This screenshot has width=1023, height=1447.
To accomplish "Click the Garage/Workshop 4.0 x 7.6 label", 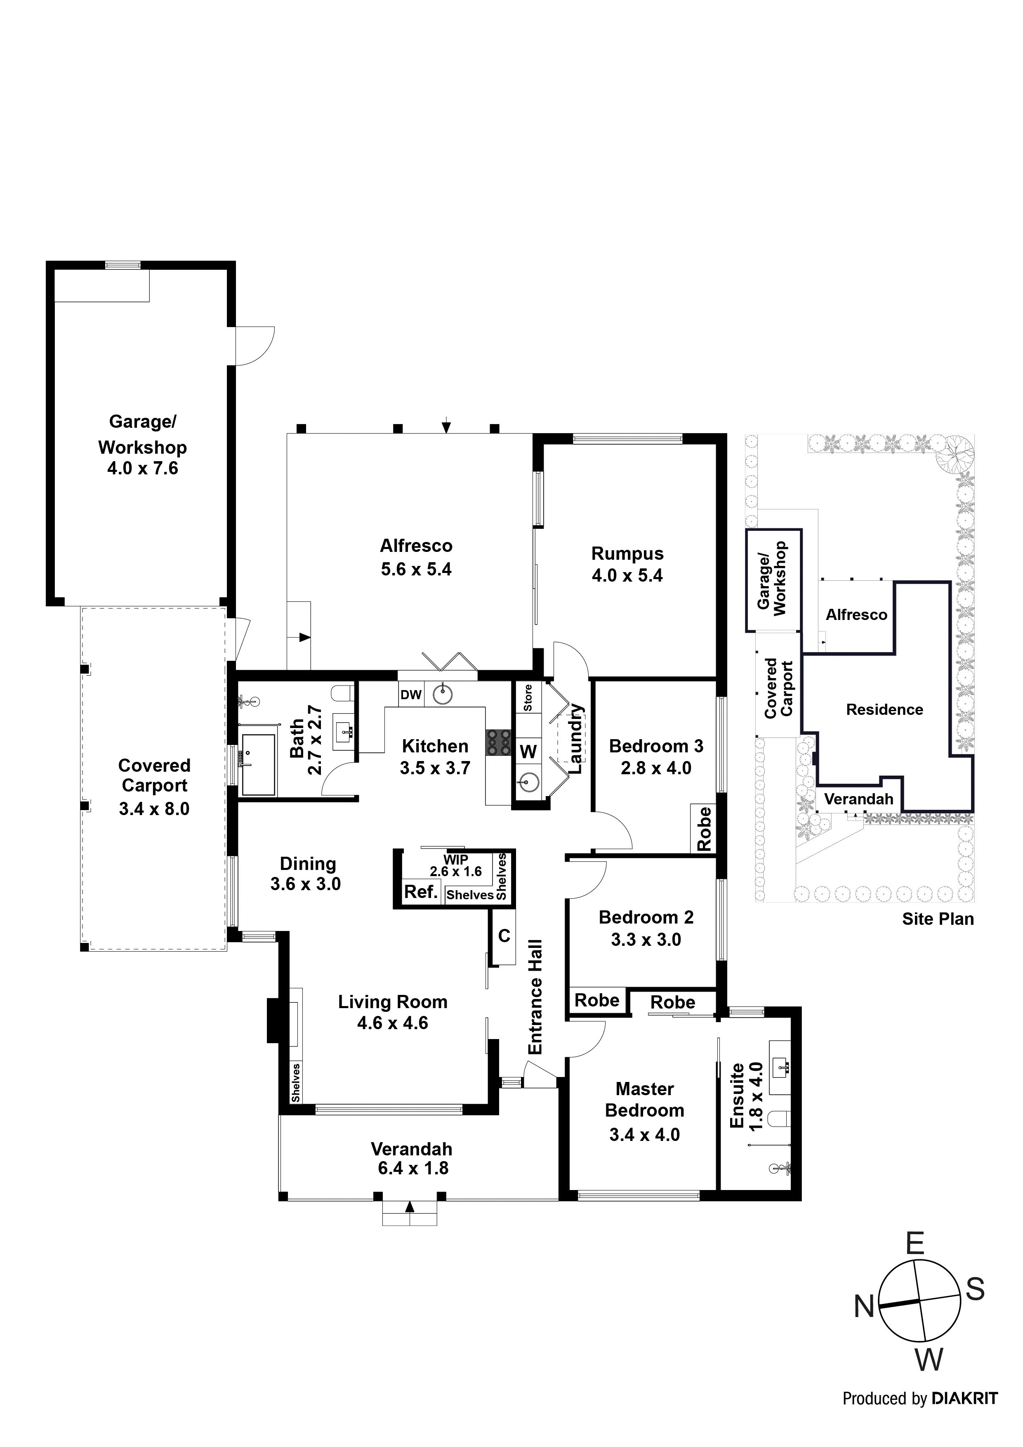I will coord(142,445).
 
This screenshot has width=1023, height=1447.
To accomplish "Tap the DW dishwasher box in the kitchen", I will coord(411,695).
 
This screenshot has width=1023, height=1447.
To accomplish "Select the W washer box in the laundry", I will coord(528,751).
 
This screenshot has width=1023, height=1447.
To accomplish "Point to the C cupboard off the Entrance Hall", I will coord(504,936).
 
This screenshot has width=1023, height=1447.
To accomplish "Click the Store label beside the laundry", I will coord(528,698).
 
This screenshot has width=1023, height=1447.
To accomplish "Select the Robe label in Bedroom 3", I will coord(704,829).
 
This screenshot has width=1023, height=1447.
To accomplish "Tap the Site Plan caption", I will coord(937,919).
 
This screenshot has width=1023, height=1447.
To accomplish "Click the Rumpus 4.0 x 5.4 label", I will coord(627,564).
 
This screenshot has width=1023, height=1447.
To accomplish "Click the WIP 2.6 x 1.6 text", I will coord(456,866).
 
